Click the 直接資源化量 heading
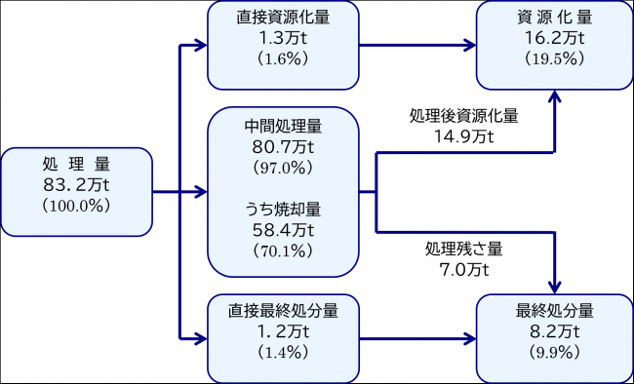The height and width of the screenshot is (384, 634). (x=283, y=19)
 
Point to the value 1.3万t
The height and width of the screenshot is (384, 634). (x=283, y=38)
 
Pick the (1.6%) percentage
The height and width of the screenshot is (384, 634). (x=283, y=59)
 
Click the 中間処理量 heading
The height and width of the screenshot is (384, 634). (x=283, y=127)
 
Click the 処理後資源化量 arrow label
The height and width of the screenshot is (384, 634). (x=463, y=116)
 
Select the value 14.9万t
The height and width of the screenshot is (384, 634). (x=463, y=136)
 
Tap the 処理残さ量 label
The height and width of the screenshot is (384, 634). (x=463, y=249)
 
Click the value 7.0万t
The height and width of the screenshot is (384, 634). (x=463, y=269)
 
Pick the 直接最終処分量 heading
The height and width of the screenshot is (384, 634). (x=283, y=311)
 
